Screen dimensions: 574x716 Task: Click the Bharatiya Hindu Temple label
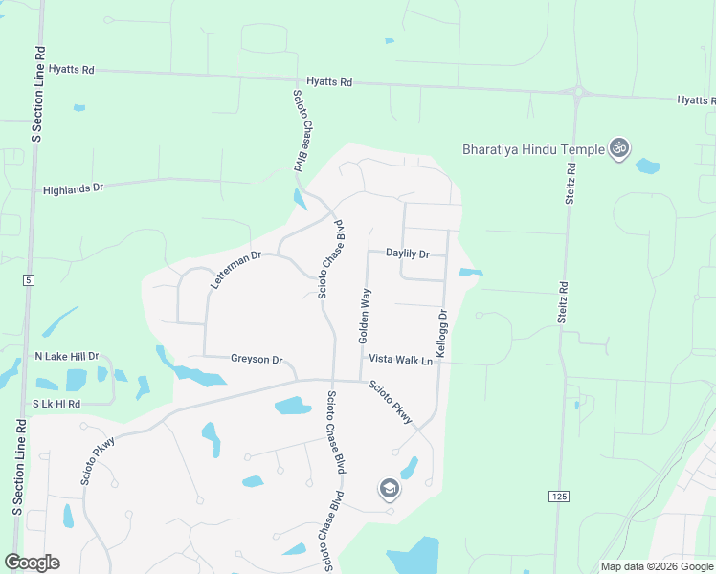tap(533, 149)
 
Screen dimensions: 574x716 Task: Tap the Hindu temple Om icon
tap(618, 148)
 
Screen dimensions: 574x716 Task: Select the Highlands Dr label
tap(73, 189)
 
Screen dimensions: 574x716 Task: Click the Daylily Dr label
tap(408, 254)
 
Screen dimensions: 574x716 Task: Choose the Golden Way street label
tap(365, 315)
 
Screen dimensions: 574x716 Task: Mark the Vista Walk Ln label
tap(401, 361)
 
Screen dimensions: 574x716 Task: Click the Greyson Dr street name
tap(257, 360)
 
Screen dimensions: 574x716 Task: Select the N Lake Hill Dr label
tap(66, 356)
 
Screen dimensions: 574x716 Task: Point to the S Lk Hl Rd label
tap(56, 405)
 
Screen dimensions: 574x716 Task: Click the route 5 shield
tap(29, 279)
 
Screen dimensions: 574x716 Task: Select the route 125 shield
tap(559, 496)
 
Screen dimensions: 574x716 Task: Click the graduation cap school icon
tap(390, 490)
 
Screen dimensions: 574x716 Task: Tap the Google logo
tap(32, 563)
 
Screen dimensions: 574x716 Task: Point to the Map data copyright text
tap(657, 566)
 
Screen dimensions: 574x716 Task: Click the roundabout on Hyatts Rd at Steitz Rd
tap(578, 93)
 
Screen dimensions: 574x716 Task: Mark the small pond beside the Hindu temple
tap(648, 166)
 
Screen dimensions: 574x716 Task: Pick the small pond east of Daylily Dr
tap(470, 273)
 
